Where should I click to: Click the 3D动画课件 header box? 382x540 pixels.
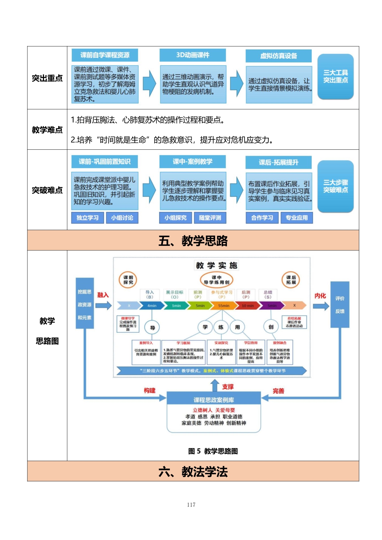(193, 55)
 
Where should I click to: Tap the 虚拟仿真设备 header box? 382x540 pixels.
(278, 56)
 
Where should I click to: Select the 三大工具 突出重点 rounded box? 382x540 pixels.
(335, 76)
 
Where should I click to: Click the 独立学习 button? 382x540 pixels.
(87, 218)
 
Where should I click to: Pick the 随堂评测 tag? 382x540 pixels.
(210, 218)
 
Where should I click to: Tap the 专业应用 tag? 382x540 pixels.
(297, 218)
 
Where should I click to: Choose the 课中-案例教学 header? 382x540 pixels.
(193, 161)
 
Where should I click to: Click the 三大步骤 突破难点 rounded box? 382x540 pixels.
(335, 186)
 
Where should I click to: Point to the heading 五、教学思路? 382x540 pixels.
(193, 241)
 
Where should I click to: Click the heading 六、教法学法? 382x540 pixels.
(193, 472)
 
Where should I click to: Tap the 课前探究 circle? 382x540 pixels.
(128, 280)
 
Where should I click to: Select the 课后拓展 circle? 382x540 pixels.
(291, 280)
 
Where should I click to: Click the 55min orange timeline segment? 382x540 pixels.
(224, 306)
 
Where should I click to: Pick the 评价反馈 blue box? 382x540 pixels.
(340, 305)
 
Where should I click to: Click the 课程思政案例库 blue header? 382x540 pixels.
(213, 400)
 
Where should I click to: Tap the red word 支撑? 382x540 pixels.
(228, 387)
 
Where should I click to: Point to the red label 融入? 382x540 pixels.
(103, 295)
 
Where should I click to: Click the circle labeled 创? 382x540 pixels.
(271, 327)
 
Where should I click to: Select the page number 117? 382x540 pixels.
(191, 505)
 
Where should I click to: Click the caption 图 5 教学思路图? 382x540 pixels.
(213, 451)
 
